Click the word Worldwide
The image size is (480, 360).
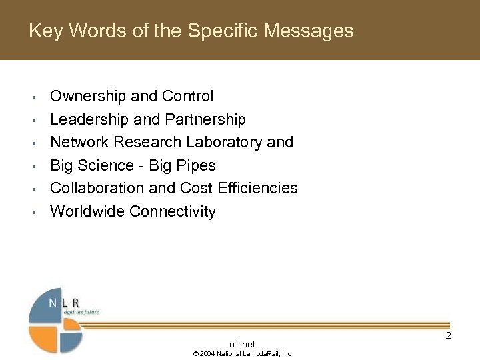click(x=88, y=211)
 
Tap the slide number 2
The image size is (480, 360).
click(x=448, y=335)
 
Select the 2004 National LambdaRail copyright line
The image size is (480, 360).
click(x=242, y=353)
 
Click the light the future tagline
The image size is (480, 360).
click(x=81, y=312)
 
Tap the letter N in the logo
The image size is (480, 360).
click(x=53, y=303)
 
